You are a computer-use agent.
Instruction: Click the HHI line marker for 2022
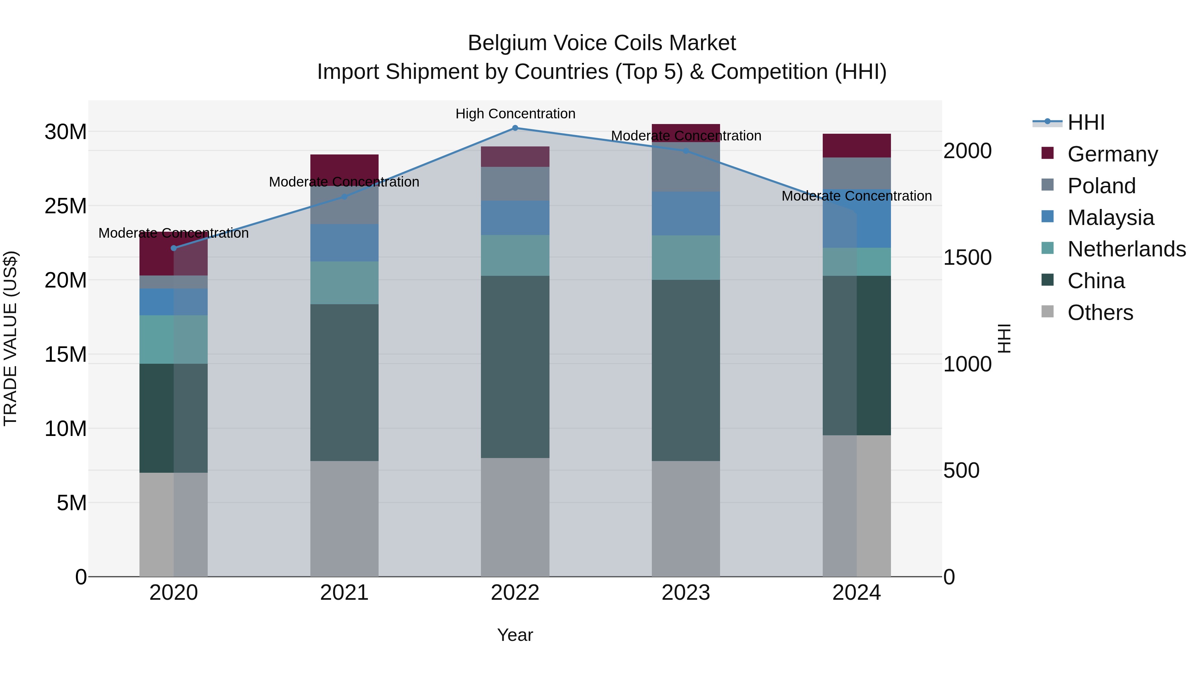pyautogui.click(x=515, y=128)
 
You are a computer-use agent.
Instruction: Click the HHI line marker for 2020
pyautogui.click(x=173, y=248)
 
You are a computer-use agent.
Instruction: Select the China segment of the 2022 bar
pyautogui.click(x=515, y=367)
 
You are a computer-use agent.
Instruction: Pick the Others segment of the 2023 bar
pyautogui.click(x=686, y=519)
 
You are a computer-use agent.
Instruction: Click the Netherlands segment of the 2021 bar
pyautogui.click(x=344, y=283)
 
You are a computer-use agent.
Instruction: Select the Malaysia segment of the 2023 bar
pyautogui.click(x=686, y=213)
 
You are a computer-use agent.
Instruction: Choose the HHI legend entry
pyautogui.click(x=1085, y=122)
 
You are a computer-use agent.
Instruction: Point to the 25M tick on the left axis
pyautogui.click(x=66, y=206)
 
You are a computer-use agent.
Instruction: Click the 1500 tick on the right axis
pyautogui.click(x=967, y=257)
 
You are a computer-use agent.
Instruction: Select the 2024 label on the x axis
pyautogui.click(x=856, y=593)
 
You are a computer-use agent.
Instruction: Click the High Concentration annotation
pyautogui.click(x=515, y=114)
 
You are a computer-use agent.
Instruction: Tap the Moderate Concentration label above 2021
pyautogui.click(x=344, y=182)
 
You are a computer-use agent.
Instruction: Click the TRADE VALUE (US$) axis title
pyautogui.click(x=10, y=338)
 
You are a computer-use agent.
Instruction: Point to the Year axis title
pyautogui.click(x=515, y=635)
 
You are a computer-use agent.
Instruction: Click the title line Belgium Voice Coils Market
pyautogui.click(x=602, y=43)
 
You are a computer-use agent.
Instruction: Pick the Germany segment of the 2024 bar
pyautogui.click(x=856, y=145)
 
